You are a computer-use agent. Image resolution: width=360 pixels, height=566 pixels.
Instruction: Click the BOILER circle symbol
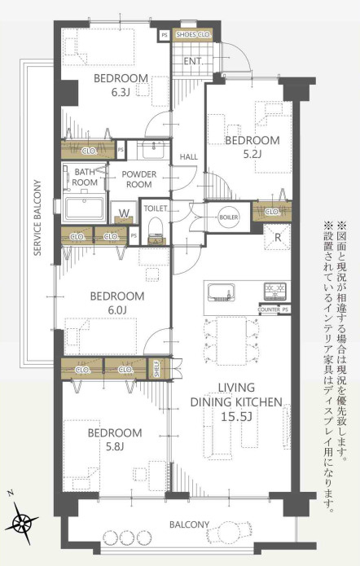[x=229, y=217]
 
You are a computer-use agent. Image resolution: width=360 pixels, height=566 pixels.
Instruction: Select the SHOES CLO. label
[x=192, y=35]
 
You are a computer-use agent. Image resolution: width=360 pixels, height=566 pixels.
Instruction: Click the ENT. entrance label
[x=193, y=61]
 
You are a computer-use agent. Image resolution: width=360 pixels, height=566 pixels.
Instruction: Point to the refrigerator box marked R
[x=277, y=237]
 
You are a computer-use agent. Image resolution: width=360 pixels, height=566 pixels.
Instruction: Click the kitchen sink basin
[x=221, y=292]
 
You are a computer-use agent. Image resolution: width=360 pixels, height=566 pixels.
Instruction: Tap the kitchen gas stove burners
[x=275, y=291]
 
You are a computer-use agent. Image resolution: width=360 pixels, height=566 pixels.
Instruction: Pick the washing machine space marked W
[x=125, y=213]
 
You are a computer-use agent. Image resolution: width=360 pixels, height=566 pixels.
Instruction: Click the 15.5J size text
[x=236, y=417]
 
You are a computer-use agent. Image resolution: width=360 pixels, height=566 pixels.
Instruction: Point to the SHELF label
[x=157, y=369]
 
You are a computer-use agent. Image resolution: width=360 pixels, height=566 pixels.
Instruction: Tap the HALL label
[x=188, y=156]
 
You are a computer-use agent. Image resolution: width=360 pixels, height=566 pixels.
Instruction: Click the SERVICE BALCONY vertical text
[x=37, y=217]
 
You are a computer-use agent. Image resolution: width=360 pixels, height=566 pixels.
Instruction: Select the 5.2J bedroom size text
[x=252, y=154]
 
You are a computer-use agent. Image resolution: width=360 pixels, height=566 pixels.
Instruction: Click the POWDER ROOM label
[x=139, y=179]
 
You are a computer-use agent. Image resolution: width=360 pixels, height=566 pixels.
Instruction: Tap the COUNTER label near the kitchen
[x=269, y=309]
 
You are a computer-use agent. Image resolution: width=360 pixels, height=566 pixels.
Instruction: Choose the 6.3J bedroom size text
[x=121, y=92]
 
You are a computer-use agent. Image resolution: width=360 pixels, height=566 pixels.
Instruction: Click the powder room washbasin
[x=153, y=149]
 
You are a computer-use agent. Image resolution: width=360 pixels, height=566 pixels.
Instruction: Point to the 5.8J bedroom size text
[x=115, y=447]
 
